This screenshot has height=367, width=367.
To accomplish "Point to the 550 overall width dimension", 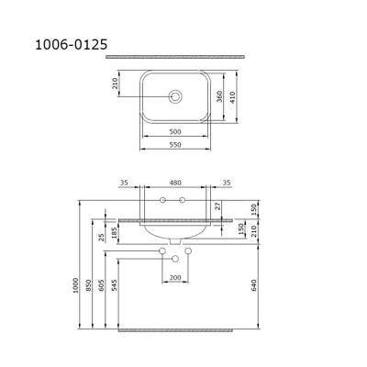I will pyautogui.click(x=175, y=146).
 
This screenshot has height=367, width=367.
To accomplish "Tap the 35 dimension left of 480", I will pyautogui.click(x=123, y=183).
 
